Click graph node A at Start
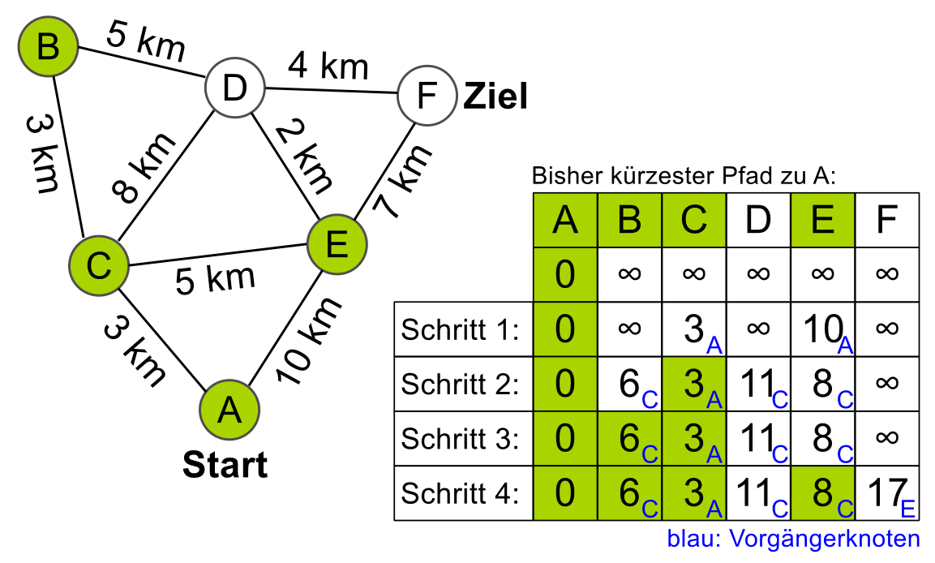229,410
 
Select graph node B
49,48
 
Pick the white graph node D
234,88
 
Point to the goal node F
426,97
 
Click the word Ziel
495,97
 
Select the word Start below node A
225,466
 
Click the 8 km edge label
144,168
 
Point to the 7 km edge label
401,181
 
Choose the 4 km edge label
328,65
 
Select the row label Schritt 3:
460,439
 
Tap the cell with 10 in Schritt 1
822,329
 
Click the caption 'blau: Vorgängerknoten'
793,539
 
